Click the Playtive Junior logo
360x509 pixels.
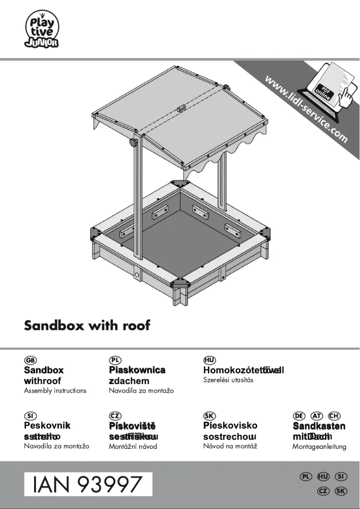(42, 29)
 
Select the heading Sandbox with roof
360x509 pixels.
(87, 326)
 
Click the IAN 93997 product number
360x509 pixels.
(88, 484)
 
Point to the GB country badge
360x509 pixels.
(31, 360)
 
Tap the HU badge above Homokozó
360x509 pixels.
(210, 360)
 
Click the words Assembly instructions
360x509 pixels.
(55, 390)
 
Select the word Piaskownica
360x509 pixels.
(137, 370)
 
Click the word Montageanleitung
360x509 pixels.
(319, 447)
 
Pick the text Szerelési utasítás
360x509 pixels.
(228, 380)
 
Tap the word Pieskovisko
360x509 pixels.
(230, 425)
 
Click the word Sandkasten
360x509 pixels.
(319, 426)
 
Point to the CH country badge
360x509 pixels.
(334, 416)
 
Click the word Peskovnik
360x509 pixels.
(47, 425)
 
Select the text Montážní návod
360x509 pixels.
(133, 447)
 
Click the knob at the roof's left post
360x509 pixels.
(132, 143)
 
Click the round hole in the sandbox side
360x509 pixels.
(137, 274)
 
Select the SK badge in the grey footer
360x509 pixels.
(341, 491)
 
